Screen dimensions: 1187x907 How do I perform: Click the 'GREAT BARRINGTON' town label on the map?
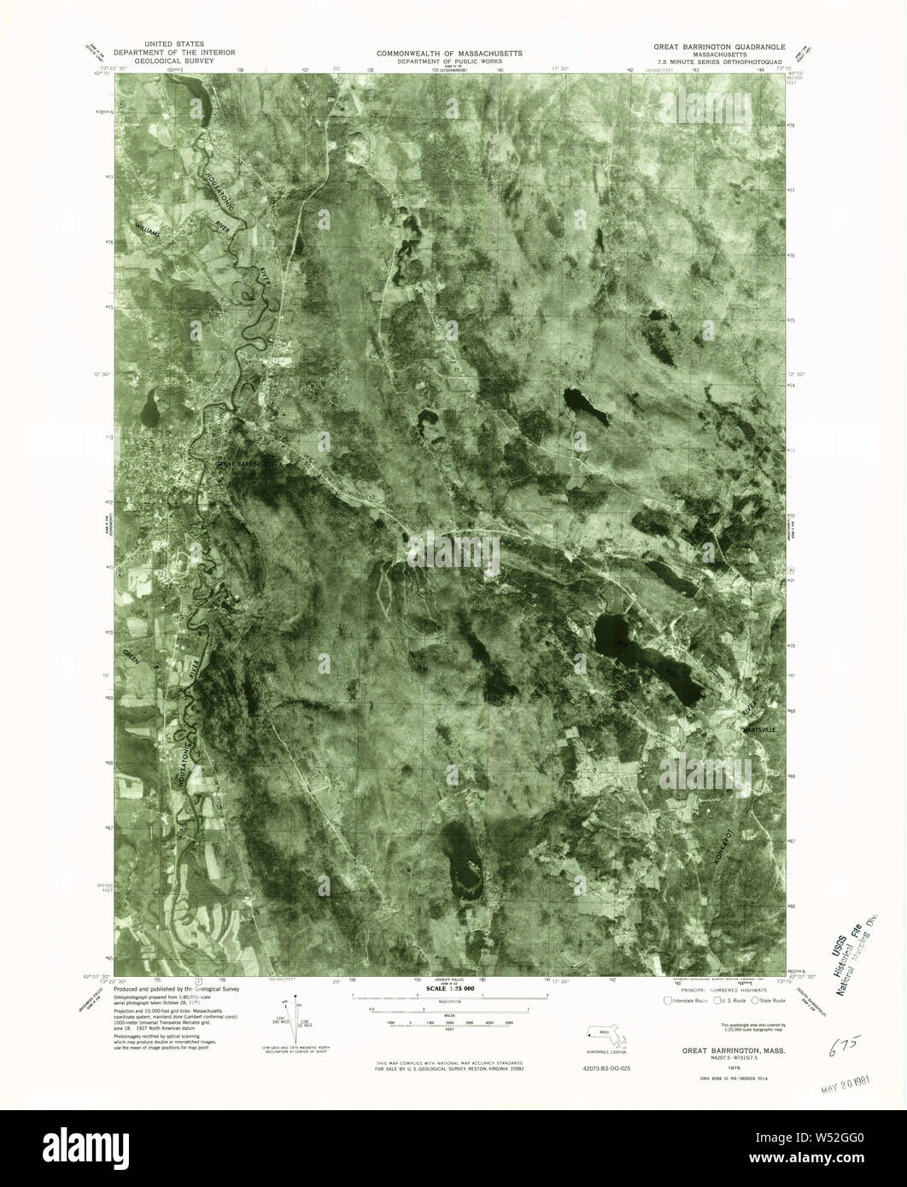point(246,464)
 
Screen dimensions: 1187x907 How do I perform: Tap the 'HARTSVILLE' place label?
point(761,731)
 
